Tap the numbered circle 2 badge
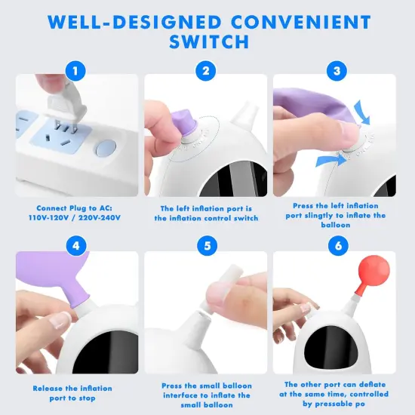tap(205, 71)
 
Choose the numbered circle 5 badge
tap(205, 245)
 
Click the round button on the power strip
tap(107, 146)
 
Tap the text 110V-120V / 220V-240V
tap(77, 217)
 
